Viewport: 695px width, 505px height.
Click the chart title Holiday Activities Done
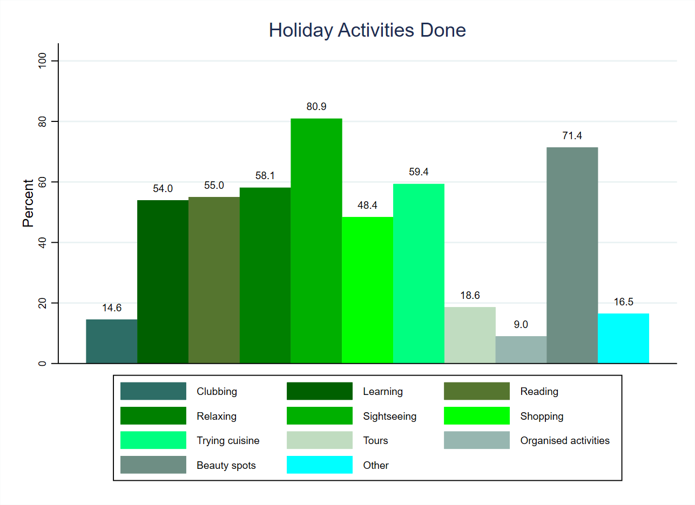367,30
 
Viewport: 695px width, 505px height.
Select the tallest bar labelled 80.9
316,241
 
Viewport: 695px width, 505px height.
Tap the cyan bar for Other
623,338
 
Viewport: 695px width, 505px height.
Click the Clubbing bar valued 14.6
111,342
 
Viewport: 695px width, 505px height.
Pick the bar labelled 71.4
572,255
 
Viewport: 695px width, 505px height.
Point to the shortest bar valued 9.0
521,350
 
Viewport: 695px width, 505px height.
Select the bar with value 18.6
469,335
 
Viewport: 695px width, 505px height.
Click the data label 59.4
419,172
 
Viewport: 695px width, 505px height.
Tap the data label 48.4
367,206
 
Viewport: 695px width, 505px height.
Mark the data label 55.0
214,186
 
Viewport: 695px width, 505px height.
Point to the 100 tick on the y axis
41,61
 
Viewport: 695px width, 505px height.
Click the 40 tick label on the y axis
41,243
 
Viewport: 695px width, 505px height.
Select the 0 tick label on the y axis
41,364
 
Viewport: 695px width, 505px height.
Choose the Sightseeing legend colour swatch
319,416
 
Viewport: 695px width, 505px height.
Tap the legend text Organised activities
565,441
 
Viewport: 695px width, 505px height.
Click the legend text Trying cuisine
228,441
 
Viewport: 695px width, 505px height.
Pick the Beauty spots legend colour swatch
153,465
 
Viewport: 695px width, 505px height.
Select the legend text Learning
383,392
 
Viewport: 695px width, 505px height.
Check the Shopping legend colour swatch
477,416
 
